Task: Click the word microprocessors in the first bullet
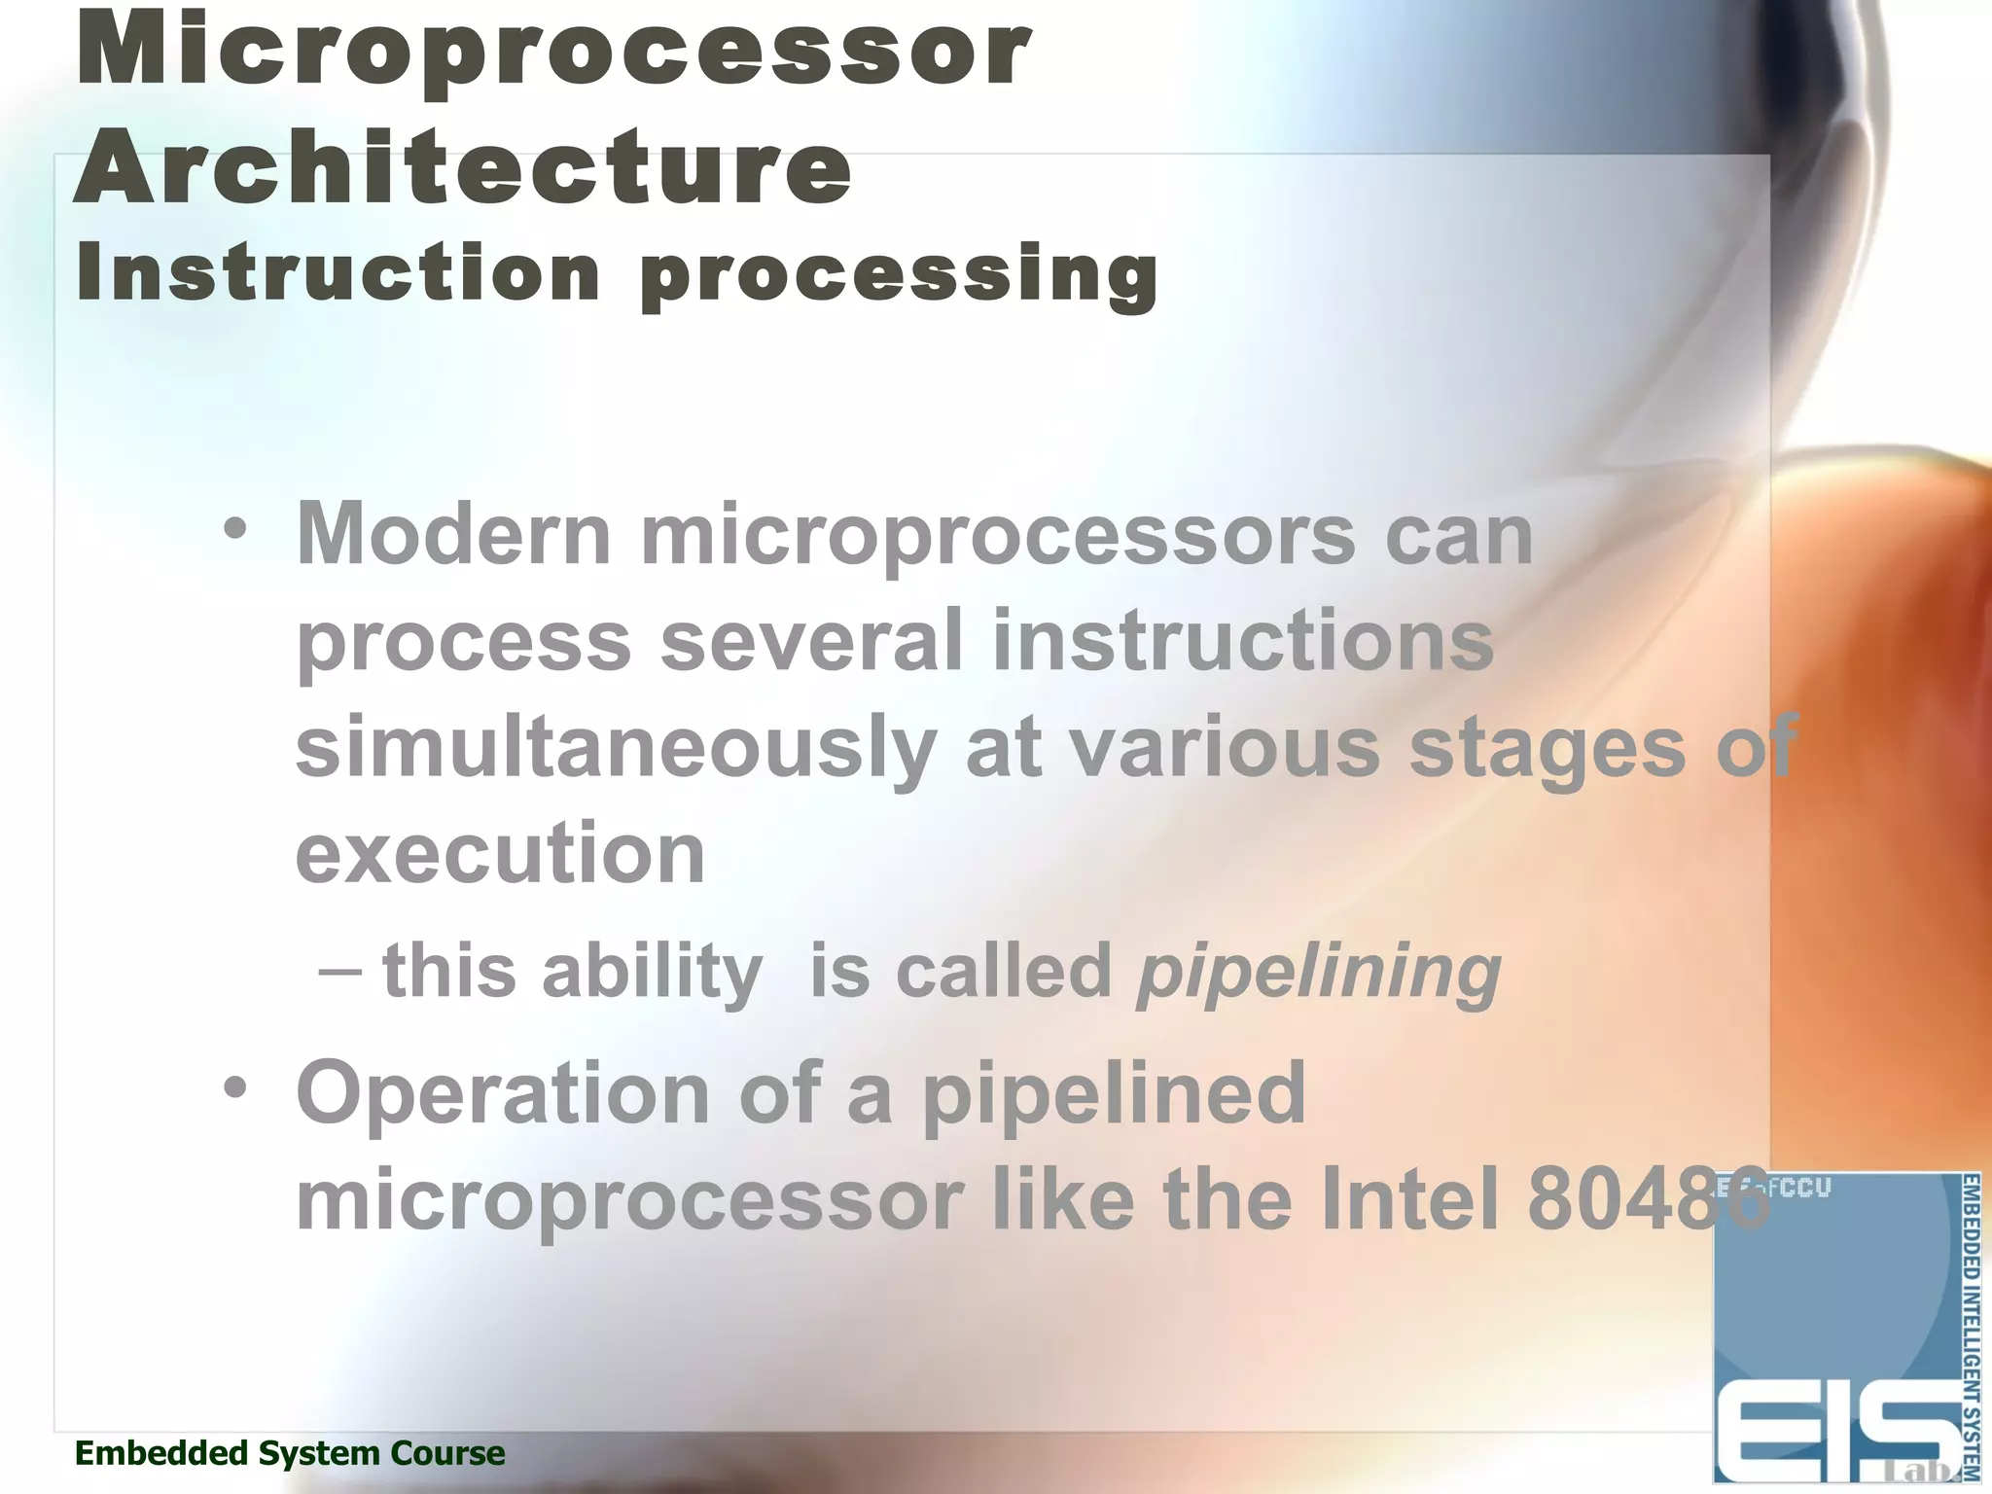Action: pyautogui.click(x=998, y=536)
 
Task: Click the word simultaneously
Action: pyautogui.click(x=616, y=747)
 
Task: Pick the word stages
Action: pyautogui.click(x=1547, y=747)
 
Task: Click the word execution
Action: pyautogui.click(x=500, y=852)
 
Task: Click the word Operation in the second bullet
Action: pyautogui.click(x=503, y=1092)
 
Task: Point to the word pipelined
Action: pyautogui.click(x=1114, y=1092)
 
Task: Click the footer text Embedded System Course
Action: pyautogui.click(x=290, y=1453)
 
